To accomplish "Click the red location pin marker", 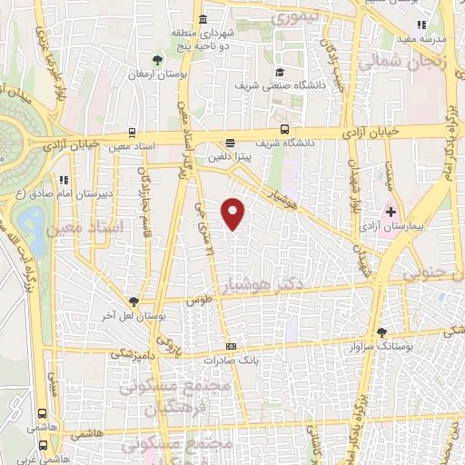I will point(233,213).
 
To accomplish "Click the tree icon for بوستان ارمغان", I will point(159,61).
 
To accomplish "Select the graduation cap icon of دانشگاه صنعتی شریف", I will point(281,73).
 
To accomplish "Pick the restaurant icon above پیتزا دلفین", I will point(230,142).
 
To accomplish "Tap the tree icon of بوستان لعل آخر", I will point(134,301).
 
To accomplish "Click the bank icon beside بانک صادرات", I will point(232,345).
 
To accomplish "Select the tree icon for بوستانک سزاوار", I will point(381,332).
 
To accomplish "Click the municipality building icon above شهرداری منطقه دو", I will point(201,19).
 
